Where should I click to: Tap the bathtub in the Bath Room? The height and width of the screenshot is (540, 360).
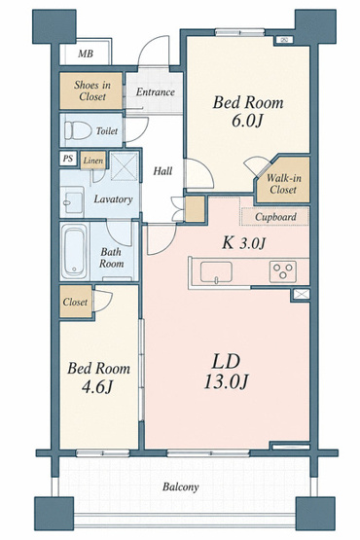pos(74,251)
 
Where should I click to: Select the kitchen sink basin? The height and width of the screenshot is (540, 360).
pos(216,272)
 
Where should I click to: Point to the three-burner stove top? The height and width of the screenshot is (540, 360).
pos(283,271)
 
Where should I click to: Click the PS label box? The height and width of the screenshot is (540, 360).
pos(68,159)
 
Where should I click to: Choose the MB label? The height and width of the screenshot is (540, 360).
pos(85,54)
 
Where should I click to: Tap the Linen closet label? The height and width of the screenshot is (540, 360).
pos(93,161)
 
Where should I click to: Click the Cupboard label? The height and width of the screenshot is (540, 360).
pos(275,217)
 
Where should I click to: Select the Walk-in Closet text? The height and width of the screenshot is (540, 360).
pos(283,184)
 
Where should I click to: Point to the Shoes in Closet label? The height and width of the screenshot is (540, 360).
pos(92,90)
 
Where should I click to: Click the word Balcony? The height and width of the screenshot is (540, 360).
pos(181,486)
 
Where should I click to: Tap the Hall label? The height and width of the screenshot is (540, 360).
pos(162,171)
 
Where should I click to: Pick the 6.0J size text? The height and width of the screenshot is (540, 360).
pos(247,121)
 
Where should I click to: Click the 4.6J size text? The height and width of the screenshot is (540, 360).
pos(97,387)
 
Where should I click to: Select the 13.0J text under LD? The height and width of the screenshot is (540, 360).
pos(226,381)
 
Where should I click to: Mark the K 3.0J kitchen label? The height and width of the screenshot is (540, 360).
pos(243,243)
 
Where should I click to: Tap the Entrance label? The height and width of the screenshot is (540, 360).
pos(155,92)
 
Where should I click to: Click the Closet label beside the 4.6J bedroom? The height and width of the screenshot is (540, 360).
pos(75,302)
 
